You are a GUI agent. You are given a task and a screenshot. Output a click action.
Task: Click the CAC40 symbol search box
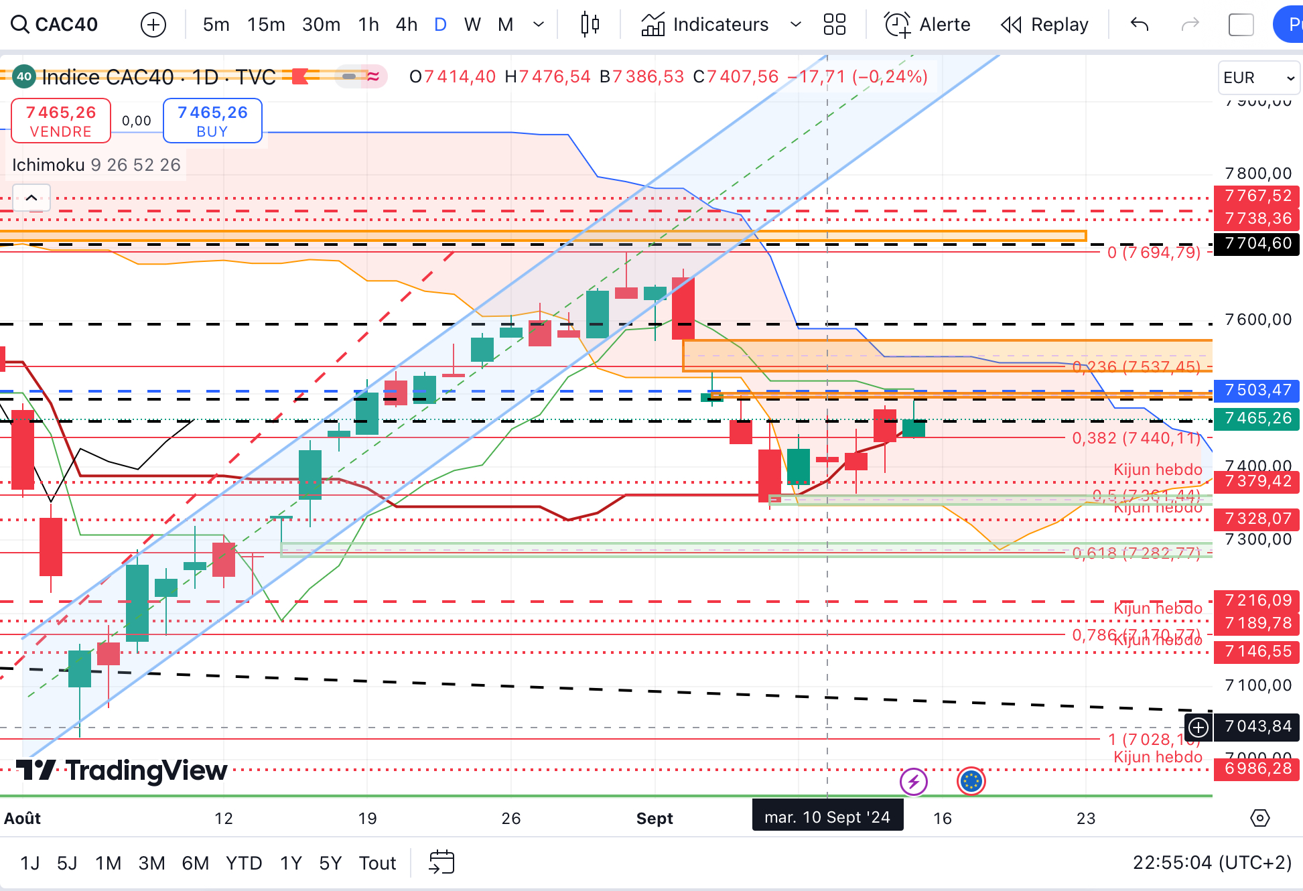[55, 25]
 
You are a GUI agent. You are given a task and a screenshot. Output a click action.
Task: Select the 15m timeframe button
[266, 25]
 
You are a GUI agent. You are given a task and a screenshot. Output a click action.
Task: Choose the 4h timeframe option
[406, 25]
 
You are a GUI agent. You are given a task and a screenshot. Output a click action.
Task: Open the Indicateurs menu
[720, 25]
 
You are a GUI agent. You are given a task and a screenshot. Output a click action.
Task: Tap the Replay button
[1045, 25]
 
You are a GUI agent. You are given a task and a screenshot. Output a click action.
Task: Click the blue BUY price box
[212, 121]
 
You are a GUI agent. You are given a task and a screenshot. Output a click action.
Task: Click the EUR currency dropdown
[1258, 78]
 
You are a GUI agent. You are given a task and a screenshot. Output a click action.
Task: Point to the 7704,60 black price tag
[1257, 243]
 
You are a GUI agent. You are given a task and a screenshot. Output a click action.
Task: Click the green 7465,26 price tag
[1257, 419]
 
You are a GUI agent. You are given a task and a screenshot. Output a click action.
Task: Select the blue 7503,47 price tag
[1257, 390]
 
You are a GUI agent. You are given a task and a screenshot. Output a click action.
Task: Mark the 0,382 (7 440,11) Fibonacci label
[1136, 438]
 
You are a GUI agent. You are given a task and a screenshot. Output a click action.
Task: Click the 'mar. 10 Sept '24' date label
[827, 817]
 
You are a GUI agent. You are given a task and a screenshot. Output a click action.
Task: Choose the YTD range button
[243, 863]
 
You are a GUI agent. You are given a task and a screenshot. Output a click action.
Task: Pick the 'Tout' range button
[377, 863]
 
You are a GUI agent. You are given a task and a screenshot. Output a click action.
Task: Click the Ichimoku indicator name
[48, 165]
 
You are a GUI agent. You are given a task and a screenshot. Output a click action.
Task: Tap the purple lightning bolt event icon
[914, 781]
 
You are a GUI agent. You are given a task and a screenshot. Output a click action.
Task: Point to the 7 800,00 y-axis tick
[1257, 174]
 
